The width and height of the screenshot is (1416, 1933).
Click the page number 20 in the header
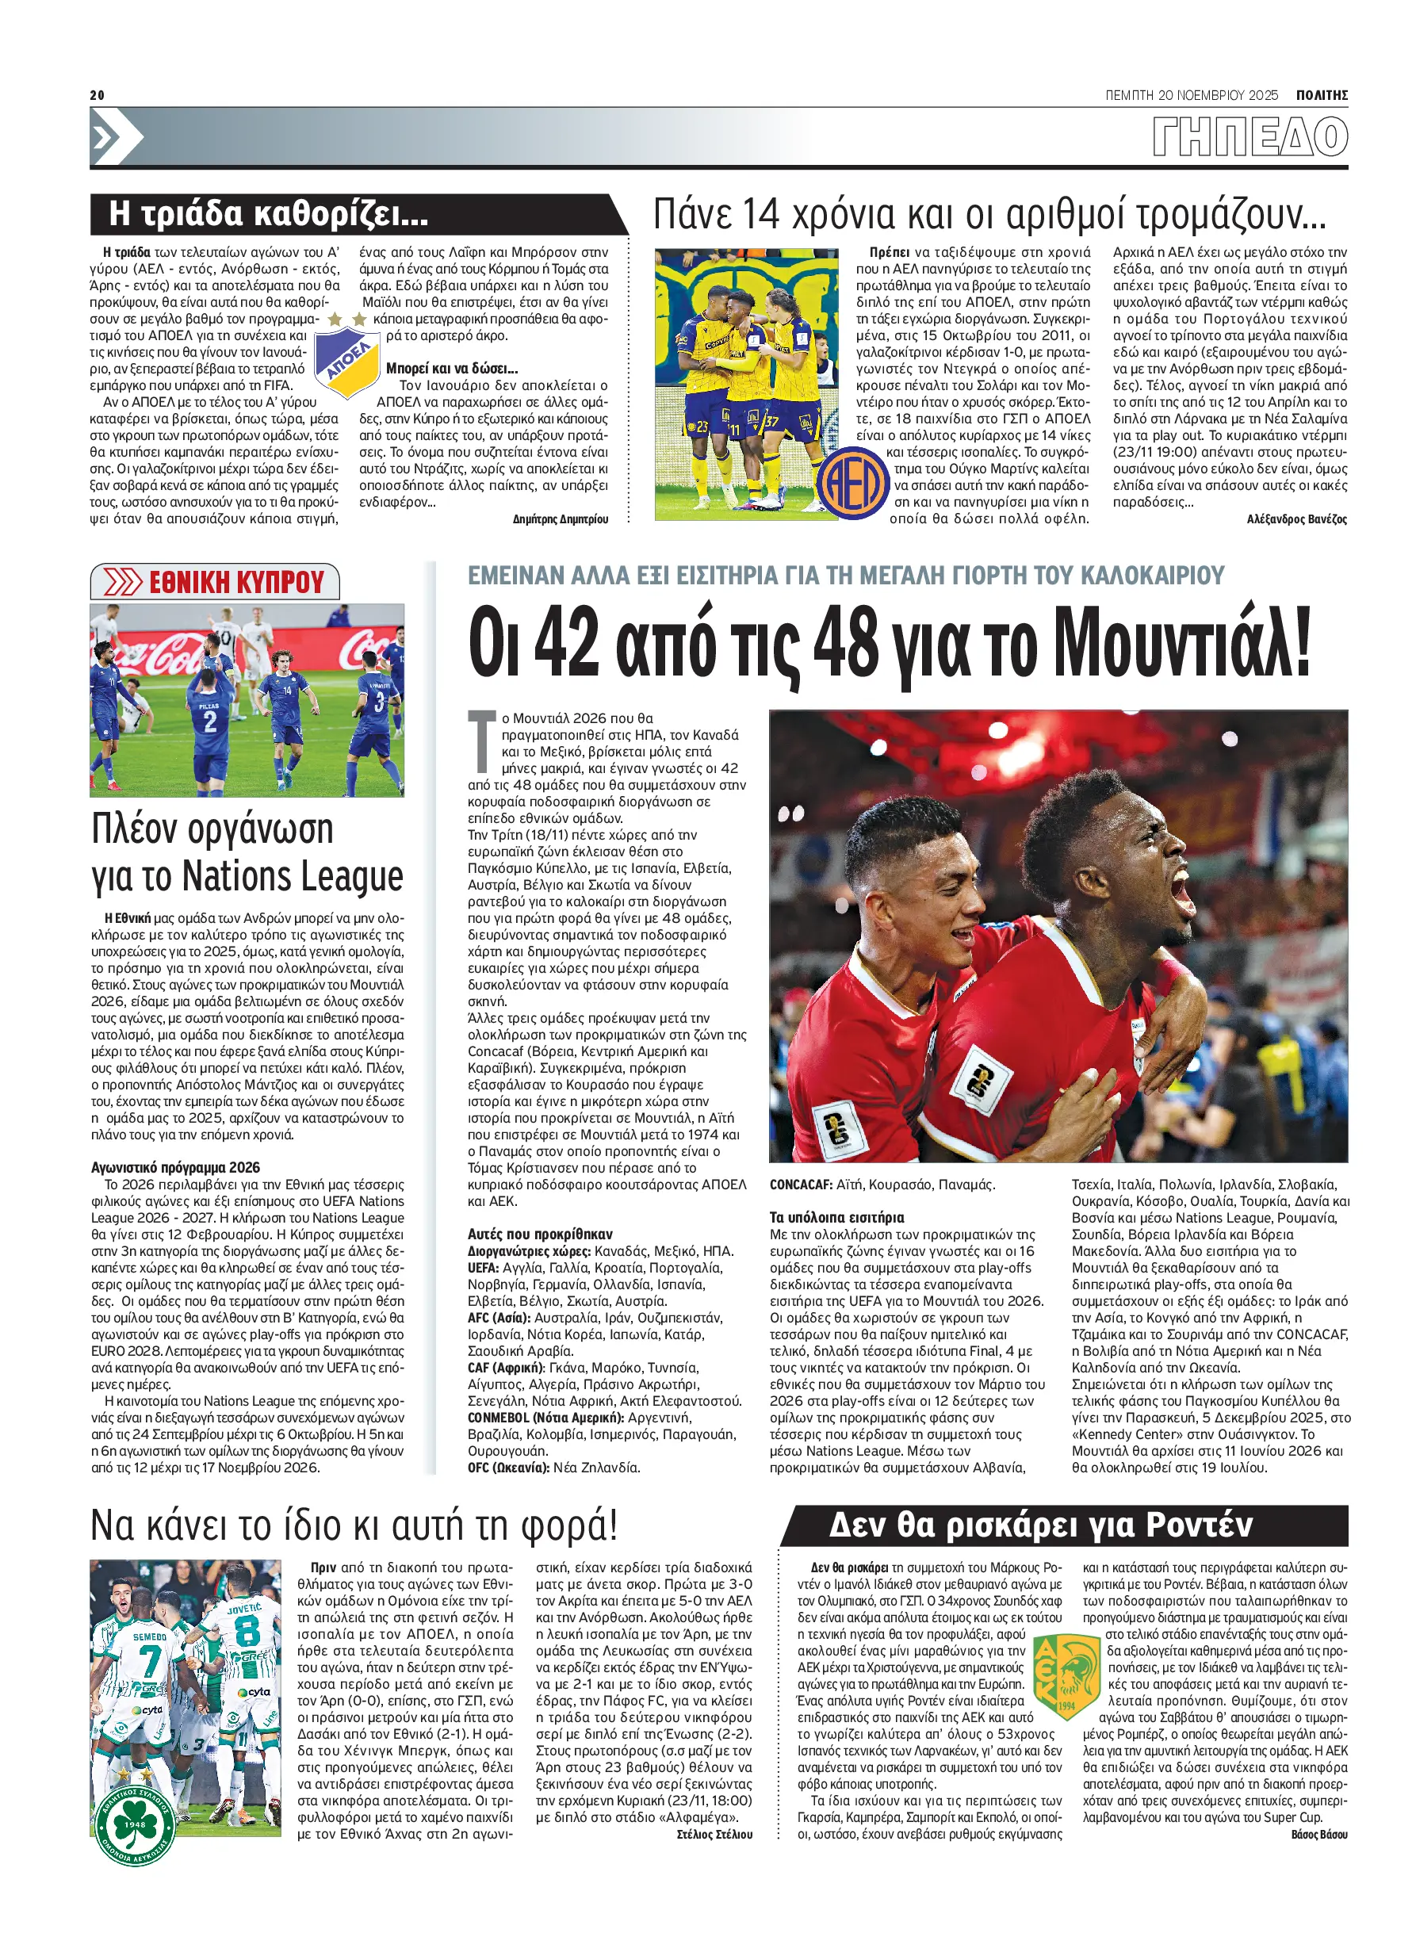(97, 95)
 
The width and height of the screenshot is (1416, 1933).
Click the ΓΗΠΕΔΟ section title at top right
(1249, 137)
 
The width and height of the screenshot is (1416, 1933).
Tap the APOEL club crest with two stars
(347, 358)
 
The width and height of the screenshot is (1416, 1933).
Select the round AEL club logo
(852, 483)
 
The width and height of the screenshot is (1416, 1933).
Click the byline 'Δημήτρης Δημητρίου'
(560, 519)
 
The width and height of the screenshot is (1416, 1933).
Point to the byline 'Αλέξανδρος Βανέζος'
(1296, 519)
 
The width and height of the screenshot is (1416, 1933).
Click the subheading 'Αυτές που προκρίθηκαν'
(540, 1234)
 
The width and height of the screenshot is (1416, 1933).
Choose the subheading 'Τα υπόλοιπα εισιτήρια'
(836, 1217)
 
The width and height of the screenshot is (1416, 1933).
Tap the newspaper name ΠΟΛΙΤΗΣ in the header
(1321, 95)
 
